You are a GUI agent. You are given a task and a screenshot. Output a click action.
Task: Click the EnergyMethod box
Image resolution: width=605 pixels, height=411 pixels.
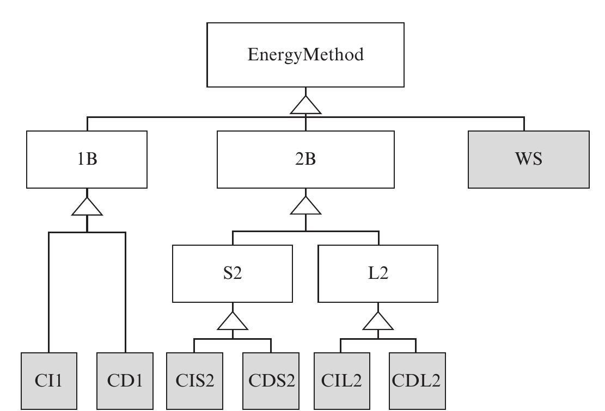(x=305, y=55)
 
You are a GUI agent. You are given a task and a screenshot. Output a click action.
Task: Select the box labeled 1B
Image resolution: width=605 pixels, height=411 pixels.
(x=87, y=159)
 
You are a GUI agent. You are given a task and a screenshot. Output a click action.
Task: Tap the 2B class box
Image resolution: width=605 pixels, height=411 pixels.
(x=305, y=159)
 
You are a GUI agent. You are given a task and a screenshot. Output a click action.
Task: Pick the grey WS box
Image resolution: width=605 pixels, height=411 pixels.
(x=528, y=159)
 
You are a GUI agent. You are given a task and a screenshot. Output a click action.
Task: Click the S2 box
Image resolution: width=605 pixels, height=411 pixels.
(x=233, y=273)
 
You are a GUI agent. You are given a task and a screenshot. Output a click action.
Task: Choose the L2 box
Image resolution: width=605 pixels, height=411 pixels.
(x=378, y=273)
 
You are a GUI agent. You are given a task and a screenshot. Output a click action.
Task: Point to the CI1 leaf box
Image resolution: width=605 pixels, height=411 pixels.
(x=49, y=381)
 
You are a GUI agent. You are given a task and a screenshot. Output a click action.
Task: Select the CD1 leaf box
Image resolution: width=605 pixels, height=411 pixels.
(x=125, y=381)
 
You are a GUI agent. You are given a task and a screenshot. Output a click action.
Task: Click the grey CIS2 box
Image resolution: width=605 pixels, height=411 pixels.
(x=194, y=381)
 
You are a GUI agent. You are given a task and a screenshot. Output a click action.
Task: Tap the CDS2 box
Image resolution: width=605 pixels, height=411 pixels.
(x=271, y=381)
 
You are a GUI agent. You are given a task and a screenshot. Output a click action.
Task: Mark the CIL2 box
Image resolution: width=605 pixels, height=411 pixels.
(x=342, y=381)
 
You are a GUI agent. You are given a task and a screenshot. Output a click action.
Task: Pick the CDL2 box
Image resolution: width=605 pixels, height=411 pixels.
(x=417, y=381)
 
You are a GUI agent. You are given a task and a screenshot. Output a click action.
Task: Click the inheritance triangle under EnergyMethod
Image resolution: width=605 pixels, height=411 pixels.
(x=305, y=106)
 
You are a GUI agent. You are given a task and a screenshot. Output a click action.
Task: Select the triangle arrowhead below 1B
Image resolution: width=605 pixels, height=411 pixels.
(x=87, y=208)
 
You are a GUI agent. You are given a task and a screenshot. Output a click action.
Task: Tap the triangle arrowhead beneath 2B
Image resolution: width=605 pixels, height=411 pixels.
(x=305, y=207)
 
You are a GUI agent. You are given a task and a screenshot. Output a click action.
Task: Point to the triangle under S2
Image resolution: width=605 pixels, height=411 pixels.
(x=233, y=322)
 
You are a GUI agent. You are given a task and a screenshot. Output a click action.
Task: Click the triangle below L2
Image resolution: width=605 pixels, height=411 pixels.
(x=378, y=322)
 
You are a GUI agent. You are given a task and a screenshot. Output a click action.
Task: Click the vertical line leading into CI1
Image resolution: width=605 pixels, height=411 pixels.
(x=49, y=294)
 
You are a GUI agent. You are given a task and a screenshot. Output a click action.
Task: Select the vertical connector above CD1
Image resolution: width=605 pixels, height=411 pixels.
(x=125, y=294)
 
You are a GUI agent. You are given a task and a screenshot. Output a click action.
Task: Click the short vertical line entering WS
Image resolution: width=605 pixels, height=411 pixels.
(x=524, y=124)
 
